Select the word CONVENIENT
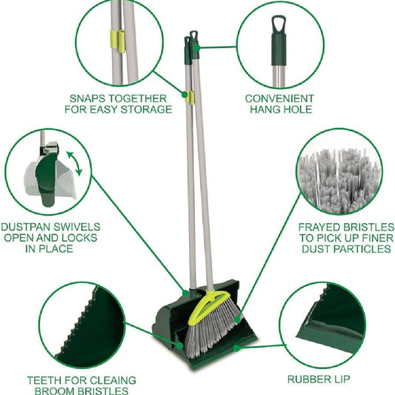pos(279,99)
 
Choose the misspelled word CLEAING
pos(113,380)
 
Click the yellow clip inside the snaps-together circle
pos(118,42)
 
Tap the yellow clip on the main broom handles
pos(190,98)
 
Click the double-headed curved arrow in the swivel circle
pos(75,163)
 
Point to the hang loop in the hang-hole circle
pos(279,24)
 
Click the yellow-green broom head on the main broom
pos(209,308)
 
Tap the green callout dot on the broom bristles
pos(237,319)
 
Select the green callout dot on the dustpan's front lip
pos(236,348)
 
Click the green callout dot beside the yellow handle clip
pos(185,94)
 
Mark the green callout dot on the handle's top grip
pos(197,47)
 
